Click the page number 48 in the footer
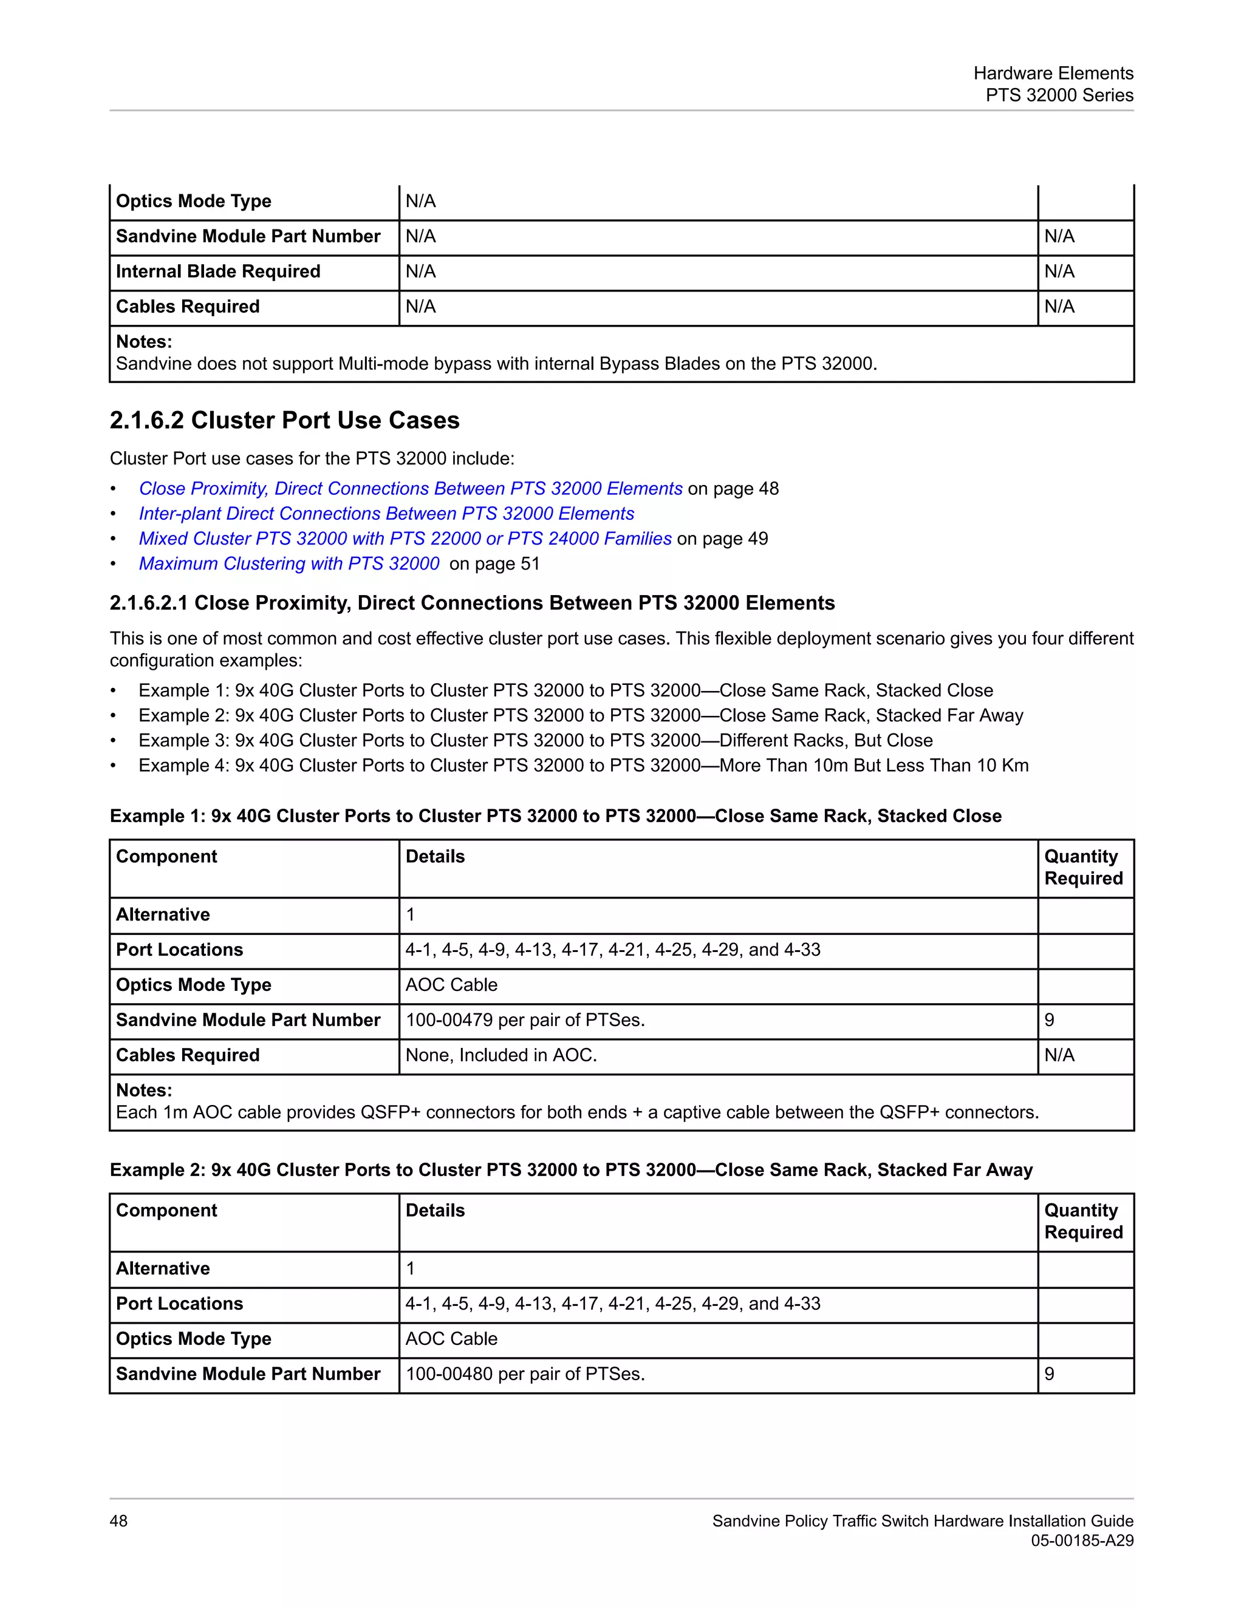click(118, 1520)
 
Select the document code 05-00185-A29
click(1082, 1540)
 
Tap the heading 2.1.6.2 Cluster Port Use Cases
click(284, 420)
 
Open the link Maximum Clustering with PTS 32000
click(289, 563)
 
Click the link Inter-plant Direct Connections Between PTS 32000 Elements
click(386, 514)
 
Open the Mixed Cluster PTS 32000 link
click(405, 539)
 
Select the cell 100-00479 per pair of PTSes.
click(525, 1021)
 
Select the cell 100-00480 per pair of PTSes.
click(525, 1374)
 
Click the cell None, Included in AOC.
click(501, 1055)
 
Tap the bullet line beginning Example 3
click(535, 740)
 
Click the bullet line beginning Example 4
click(583, 766)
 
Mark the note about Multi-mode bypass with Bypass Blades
click(496, 364)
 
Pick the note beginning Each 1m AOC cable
click(577, 1112)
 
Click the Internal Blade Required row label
click(218, 271)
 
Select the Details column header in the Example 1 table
click(435, 856)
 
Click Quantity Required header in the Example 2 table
click(1082, 1221)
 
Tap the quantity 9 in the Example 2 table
click(1050, 1374)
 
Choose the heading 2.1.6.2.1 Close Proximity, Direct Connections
click(471, 603)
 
